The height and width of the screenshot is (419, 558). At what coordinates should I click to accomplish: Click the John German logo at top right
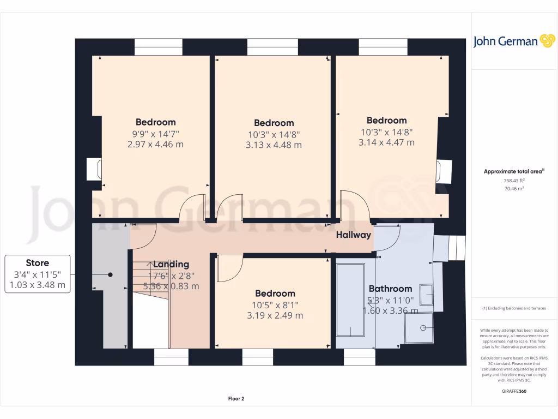point(513,41)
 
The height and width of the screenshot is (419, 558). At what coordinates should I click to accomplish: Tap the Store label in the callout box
point(37,263)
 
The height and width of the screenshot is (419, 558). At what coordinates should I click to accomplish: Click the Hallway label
point(353,235)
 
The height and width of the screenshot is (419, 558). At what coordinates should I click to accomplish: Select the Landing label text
point(171,265)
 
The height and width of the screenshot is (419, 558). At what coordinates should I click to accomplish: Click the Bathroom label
point(390,289)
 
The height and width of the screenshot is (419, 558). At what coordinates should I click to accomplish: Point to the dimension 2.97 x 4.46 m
point(155,144)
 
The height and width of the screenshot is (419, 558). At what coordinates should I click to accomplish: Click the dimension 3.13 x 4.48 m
point(274,145)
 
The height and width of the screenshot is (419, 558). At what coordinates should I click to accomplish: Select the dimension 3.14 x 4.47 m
point(386,142)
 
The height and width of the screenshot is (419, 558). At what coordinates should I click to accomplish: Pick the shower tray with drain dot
point(420,328)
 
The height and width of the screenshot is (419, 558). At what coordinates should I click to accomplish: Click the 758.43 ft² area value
point(514,181)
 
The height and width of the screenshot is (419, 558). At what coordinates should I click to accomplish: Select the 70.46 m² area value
point(514,188)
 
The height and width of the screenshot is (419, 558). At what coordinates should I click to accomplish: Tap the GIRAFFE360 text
point(514,391)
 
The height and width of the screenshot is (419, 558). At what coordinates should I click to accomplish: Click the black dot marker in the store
point(110,275)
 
